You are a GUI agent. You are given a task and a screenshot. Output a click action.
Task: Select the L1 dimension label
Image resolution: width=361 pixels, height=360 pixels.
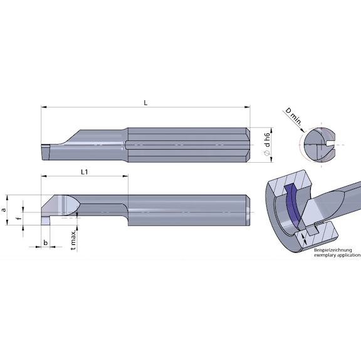coord(84,171)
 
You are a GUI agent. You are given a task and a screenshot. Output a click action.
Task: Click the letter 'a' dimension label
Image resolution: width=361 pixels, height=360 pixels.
coord(6,210)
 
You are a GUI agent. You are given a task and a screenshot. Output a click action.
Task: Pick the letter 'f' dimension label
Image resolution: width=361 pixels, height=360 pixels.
coord(18,219)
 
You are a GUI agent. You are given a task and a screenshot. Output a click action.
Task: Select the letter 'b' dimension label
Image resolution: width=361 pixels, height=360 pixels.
coord(46,241)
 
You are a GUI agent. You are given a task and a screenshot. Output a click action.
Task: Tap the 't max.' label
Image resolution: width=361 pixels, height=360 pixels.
coord(73,239)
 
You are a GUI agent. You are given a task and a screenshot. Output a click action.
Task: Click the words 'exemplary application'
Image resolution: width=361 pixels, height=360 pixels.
coord(337,255)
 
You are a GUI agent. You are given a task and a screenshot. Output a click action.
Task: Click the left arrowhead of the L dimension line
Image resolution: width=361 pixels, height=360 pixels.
coord(44,107)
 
